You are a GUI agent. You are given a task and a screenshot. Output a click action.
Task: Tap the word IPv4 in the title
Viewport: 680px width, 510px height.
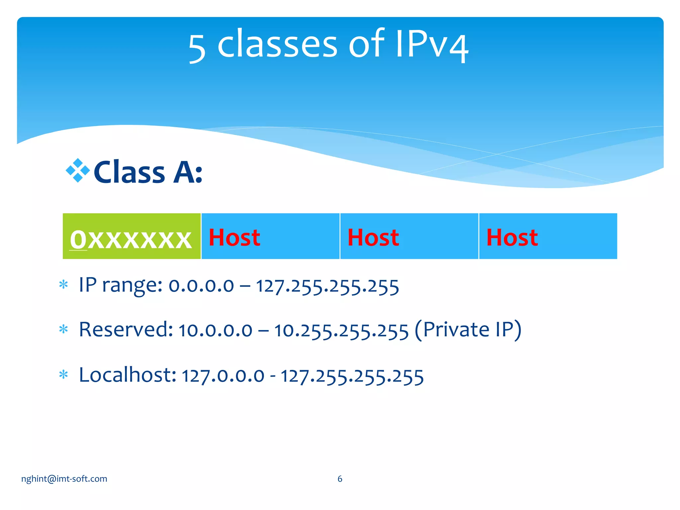(x=432, y=45)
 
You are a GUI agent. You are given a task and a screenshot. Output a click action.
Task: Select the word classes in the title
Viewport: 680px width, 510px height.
(x=277, y=45)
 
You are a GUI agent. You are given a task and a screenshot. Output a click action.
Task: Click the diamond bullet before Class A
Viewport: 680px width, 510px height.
(x=78, y=170)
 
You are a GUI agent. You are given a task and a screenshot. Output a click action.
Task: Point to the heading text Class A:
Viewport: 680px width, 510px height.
(x=148, y=172)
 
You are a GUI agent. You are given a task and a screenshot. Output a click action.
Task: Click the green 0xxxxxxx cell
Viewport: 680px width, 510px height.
(x=131, y=236)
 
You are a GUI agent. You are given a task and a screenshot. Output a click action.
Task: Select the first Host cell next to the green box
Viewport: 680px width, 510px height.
(x=270, y=236)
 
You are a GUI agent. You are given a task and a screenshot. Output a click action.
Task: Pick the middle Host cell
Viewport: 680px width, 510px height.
(x=409, y=236)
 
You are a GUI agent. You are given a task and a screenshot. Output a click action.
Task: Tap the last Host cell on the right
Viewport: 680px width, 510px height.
(x=548, y=236)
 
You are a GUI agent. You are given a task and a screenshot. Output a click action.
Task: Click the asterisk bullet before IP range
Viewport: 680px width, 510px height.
(x=63, y=285)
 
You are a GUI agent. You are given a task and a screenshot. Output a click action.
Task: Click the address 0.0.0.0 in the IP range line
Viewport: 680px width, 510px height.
(x=201, y=286)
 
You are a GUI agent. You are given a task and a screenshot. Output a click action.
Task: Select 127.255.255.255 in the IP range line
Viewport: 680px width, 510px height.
(x=327, y=286)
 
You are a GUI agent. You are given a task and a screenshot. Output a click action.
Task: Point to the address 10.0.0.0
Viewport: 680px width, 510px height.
(x=215, y=331)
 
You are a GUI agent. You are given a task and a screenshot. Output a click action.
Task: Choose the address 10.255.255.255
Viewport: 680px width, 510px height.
(x=341, y=331)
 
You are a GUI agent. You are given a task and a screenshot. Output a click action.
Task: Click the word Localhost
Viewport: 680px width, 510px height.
(x=127, y=375)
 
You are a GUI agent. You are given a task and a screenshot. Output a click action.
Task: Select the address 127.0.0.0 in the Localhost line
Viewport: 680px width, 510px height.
(x=223, y=376)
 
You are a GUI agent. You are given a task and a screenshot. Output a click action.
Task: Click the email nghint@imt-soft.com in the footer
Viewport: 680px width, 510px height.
(x=64, y=479)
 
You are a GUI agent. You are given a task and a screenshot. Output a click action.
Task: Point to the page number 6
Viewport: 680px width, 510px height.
(x=340, y=479)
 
